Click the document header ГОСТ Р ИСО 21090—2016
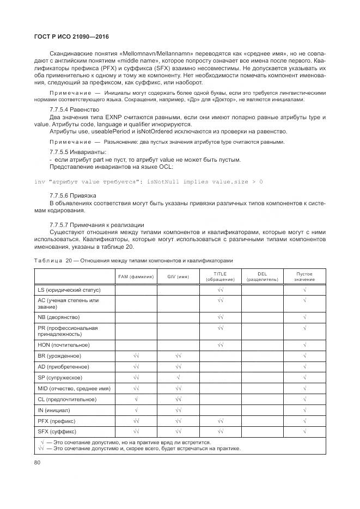64,36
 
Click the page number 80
38,463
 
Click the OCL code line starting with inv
148,181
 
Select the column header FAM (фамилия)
136,277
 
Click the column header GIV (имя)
178,277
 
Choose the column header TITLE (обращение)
220,277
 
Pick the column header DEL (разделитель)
263,277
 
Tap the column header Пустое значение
304,277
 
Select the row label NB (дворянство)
59,317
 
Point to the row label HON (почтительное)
63,345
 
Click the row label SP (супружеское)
60,378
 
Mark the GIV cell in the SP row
178,378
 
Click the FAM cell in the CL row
136,400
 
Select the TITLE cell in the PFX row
220,421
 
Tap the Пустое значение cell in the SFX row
304,432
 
